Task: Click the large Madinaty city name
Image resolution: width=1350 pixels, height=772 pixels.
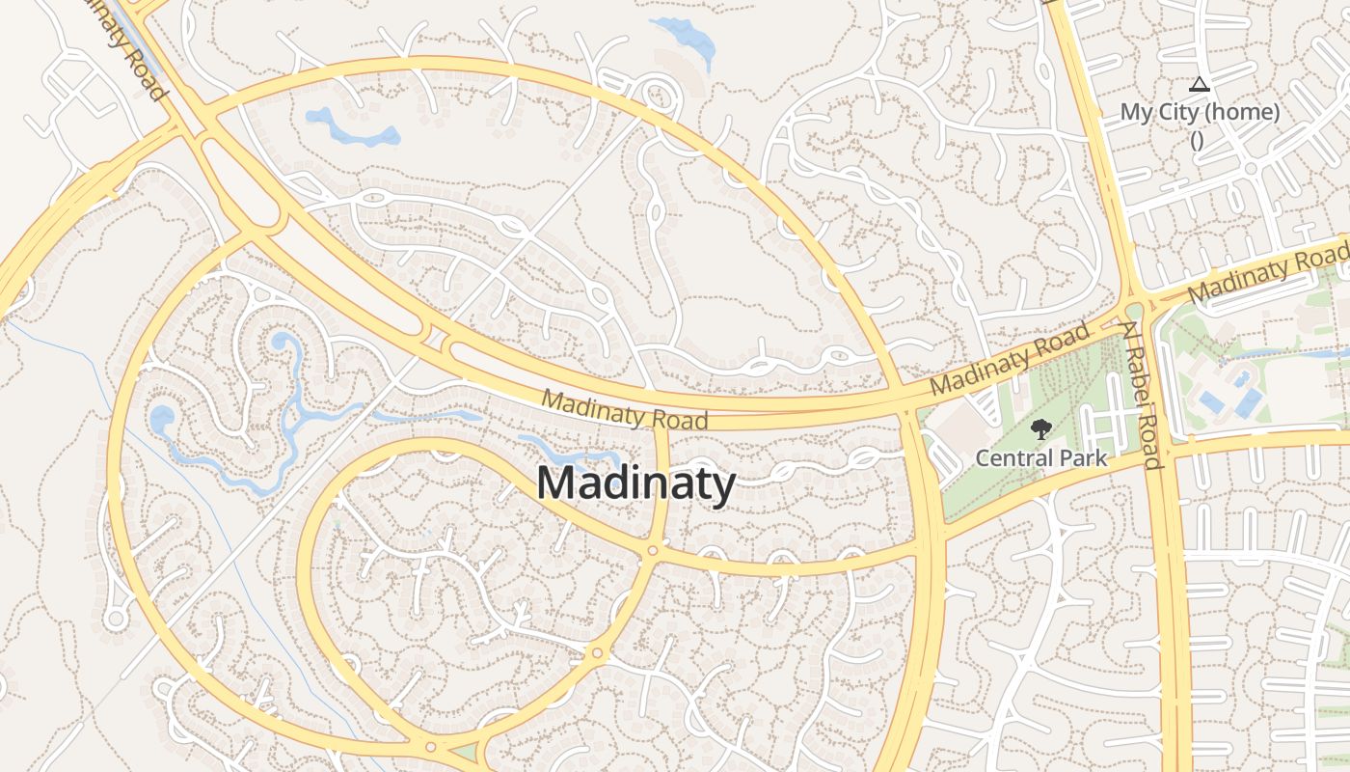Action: click(635, 482)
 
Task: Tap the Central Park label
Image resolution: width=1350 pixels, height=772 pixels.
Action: click(1041, 457)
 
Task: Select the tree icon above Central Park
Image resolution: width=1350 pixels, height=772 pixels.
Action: click(1040, 429)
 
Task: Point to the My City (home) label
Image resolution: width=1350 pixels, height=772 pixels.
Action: click(1200, 112)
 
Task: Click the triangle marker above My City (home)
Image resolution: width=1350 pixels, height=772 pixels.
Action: click(1199, 85)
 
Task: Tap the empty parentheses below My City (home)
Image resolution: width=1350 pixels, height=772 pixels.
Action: click(1197, 139)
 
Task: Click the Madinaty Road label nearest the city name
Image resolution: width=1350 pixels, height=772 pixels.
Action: click(624, 409)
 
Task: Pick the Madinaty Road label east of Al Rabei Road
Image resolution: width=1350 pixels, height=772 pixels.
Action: click(1269, 273)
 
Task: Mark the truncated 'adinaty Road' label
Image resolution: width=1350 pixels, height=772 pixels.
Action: click(121, 48)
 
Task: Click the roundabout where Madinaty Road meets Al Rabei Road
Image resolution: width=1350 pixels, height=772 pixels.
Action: click(1134, 310)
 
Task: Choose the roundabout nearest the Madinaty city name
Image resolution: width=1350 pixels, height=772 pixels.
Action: click(653, 550)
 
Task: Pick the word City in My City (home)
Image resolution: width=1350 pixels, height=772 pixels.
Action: click(1177, 112)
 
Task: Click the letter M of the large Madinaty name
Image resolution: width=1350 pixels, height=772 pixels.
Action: click(556, 482)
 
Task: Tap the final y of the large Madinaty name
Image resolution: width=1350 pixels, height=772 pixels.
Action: click(724, 486)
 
